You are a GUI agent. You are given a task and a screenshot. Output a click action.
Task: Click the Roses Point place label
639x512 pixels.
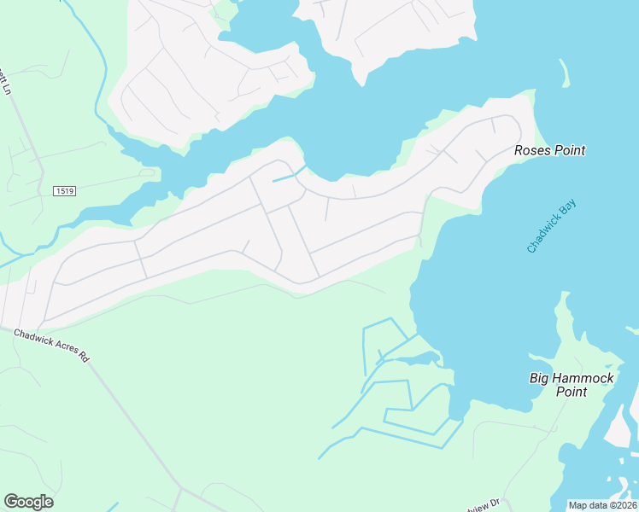(x=549, y=151)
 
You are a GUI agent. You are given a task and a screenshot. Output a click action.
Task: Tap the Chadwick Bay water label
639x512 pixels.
(x=551, y=227)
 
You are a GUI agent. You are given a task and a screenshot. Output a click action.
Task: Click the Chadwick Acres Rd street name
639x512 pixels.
(x=51, y=346)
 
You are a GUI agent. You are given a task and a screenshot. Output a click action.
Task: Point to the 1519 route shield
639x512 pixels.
(x=63, y=191)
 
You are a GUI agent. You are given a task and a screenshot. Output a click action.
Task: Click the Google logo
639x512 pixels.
(x=28, y=502)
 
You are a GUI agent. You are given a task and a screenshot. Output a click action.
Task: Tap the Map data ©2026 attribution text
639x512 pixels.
(x=602, y=505)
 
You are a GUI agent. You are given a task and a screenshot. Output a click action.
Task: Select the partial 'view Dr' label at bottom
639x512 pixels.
(x=482, y=505)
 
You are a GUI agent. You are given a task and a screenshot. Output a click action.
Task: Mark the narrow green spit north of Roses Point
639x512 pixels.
(x=564, y=72)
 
